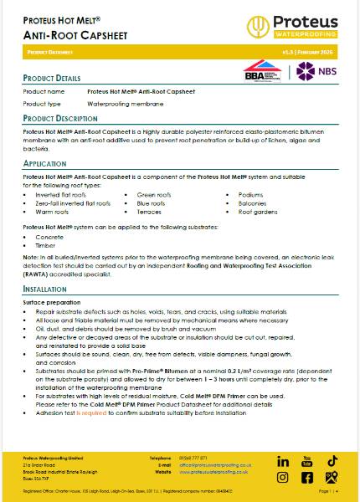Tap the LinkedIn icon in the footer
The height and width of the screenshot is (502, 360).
[x=283, y=461]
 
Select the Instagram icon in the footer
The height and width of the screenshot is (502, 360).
[x=283, y=478]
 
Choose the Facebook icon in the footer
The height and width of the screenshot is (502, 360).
[x=307, y=478]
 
